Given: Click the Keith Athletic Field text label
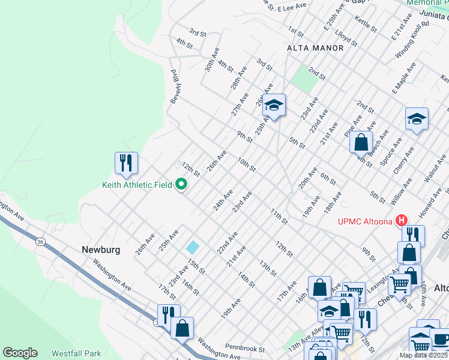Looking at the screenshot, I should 137,185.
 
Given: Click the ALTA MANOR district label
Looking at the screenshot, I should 315,48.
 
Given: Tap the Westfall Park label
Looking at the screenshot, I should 76,353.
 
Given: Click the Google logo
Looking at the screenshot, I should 20,353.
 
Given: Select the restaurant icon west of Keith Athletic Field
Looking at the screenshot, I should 126,163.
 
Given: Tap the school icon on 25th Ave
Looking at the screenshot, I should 274,106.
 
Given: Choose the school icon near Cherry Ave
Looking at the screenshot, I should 416,119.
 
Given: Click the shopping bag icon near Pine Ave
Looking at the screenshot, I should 361,143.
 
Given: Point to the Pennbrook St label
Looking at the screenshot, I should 245,347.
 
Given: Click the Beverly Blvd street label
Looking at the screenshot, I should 175,86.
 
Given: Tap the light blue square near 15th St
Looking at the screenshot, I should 193,247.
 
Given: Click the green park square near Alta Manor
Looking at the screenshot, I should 304,79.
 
